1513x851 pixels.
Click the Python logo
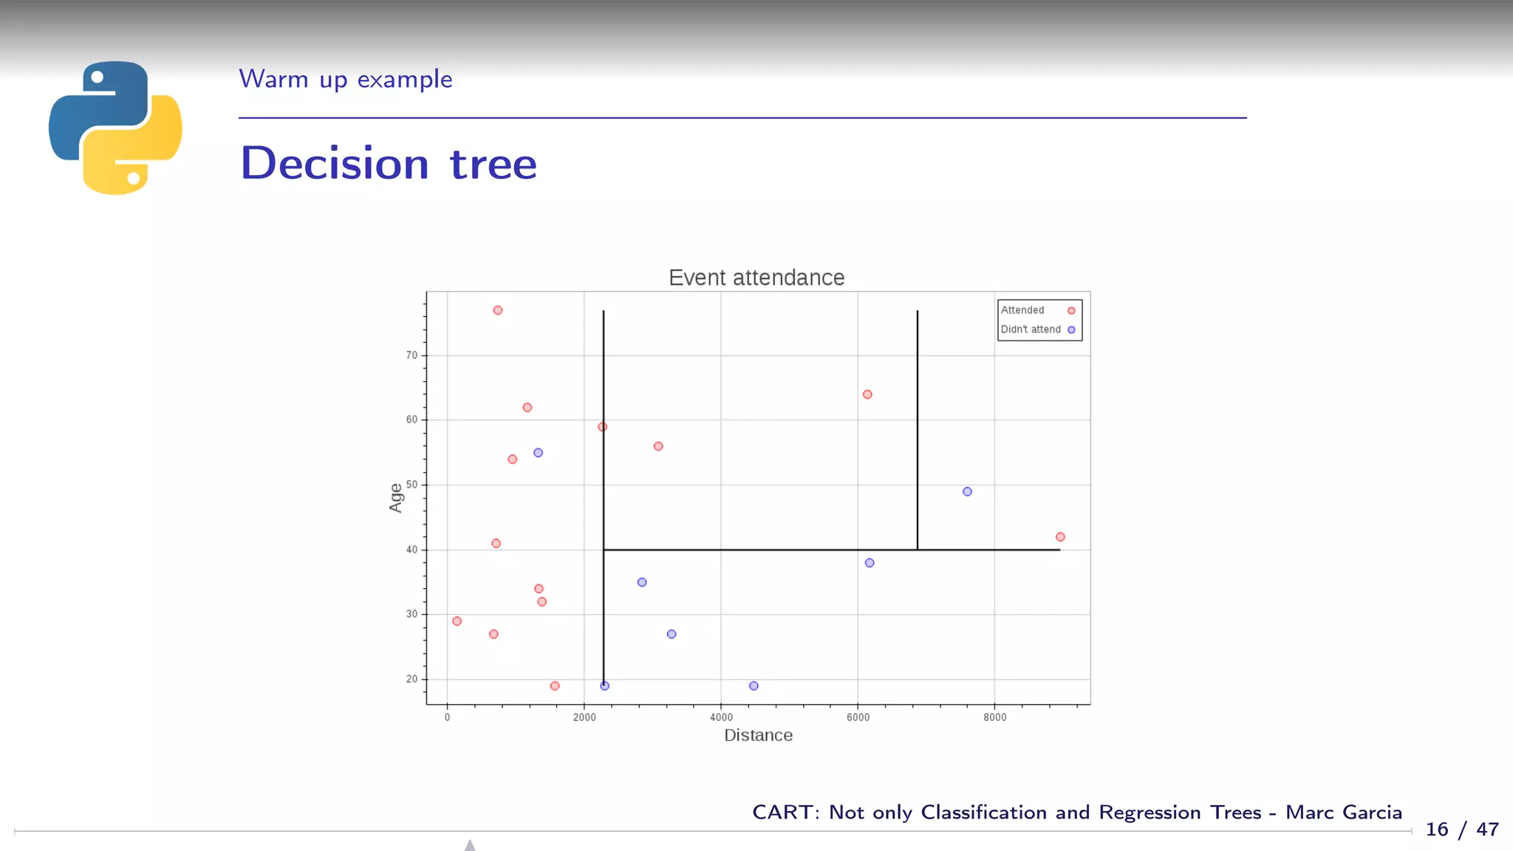point(115,128)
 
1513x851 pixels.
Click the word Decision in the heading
point(335,163)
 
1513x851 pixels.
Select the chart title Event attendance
point(756,278)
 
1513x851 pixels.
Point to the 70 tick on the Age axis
point(411,355)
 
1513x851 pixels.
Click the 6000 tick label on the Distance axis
point(858,717)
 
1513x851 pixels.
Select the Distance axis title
point(758,735)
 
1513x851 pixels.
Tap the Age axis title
point(396,497)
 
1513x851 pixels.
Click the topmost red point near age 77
point(498,310)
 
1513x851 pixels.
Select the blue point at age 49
point(967,491)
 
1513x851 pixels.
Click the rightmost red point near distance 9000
point(1060,537)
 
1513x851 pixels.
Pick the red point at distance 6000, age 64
point(867,394)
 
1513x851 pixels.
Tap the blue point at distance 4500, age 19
point(754,686)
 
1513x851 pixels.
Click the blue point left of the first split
point(538,453)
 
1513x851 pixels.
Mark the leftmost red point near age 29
point(457,621)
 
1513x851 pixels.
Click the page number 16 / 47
point(1461,830)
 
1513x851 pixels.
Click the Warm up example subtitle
point(345,79)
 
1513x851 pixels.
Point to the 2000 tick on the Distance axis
point(584,717)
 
